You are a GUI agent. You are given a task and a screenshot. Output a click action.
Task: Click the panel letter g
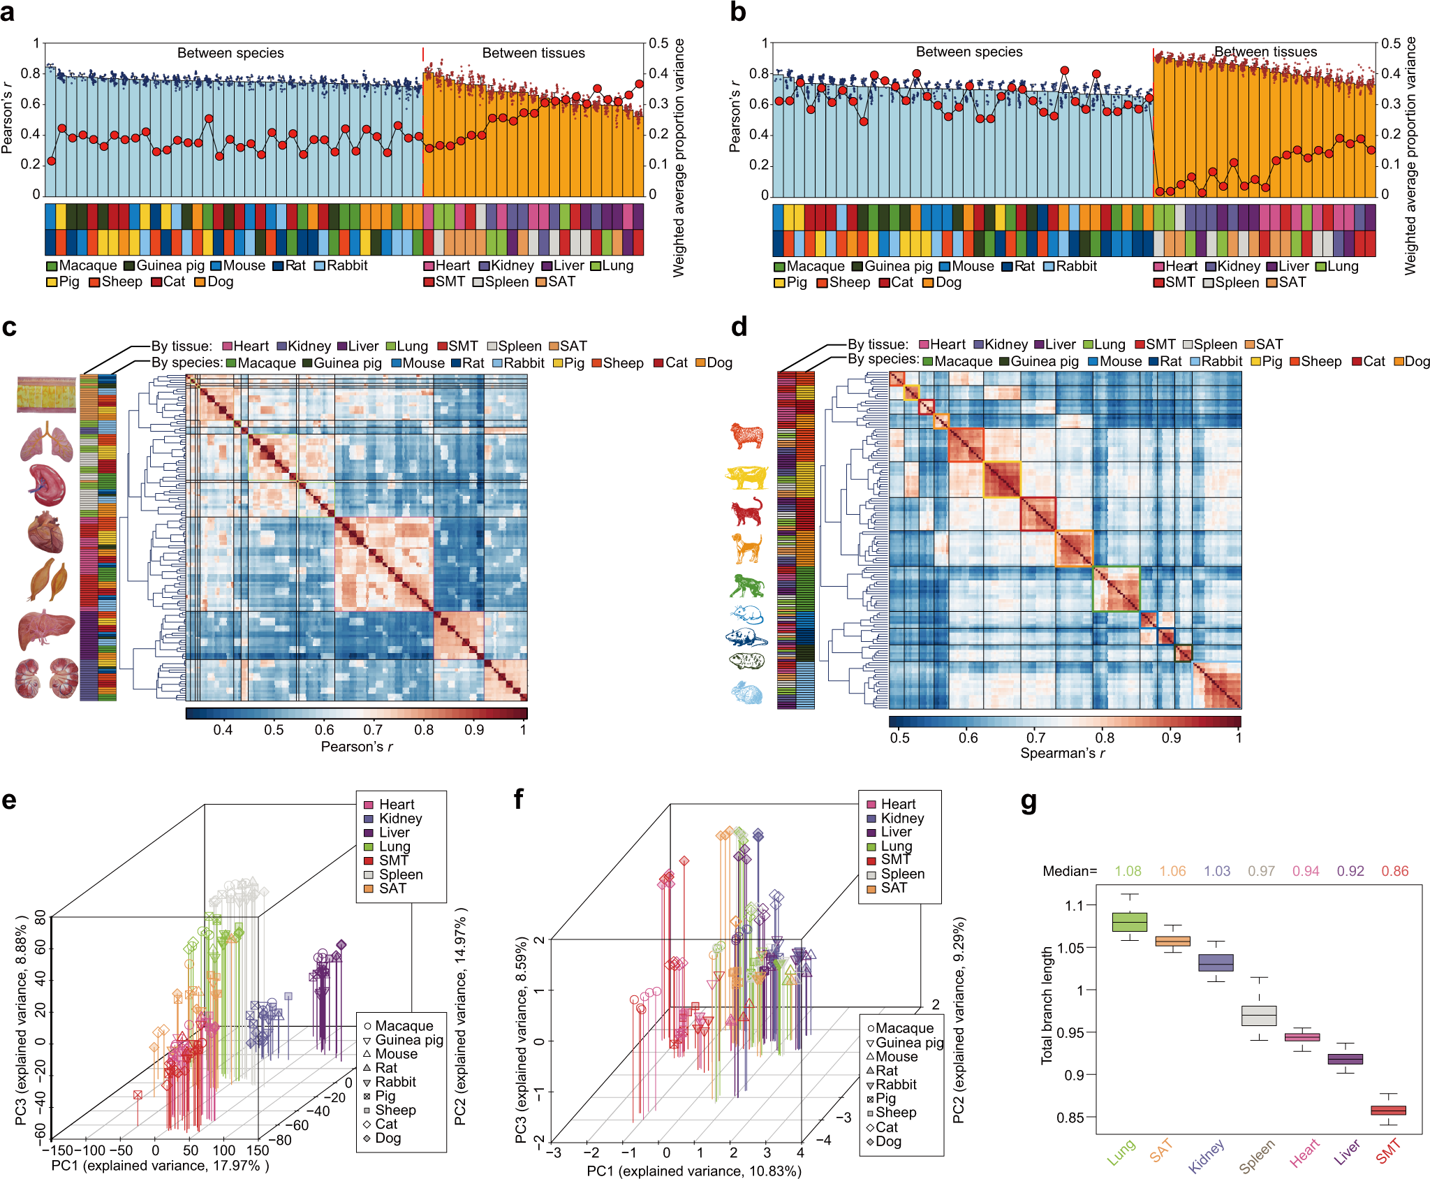(1029, 803)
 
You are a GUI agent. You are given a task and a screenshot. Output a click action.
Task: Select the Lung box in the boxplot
(1129, 922)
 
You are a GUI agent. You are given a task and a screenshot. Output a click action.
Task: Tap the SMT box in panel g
(1388, 1110)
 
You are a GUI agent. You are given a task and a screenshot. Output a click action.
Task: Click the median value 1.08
(1128, 871)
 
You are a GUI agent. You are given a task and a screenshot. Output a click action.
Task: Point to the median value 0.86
(1394, 871)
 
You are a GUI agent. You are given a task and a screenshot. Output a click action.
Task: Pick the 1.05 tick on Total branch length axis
(1071, 948)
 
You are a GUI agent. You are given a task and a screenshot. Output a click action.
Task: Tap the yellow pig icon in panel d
(746, 477)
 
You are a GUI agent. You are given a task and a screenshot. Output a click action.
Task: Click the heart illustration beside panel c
(45, 532)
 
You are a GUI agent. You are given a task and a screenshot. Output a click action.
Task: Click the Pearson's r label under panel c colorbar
(357, 747)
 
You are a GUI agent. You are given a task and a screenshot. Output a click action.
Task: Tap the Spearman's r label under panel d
(1062, 753)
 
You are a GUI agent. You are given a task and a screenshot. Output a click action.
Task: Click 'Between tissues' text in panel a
(533, 53)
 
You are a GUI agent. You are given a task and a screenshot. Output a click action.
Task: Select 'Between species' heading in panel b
(968, 52)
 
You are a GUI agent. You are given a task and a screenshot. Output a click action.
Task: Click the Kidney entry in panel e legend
(399, 819)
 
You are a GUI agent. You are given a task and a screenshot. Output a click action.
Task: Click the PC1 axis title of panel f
(693, 1171)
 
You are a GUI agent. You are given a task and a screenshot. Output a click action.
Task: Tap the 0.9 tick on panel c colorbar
(474, 730)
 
